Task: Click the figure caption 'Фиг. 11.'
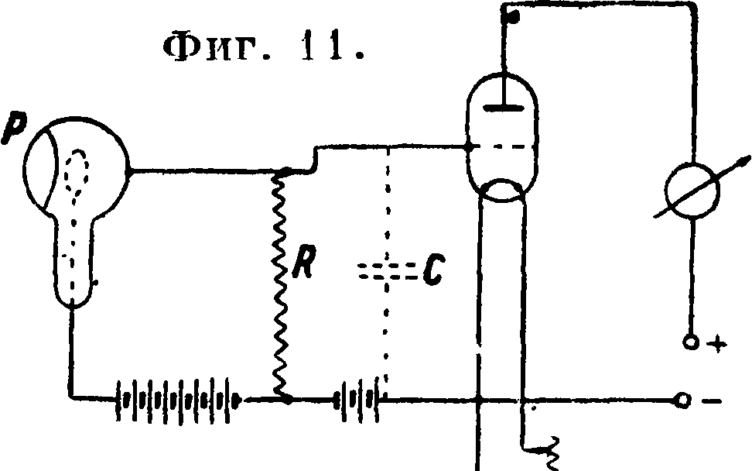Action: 265,49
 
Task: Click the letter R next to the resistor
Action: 304,262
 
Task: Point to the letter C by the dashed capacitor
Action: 434,271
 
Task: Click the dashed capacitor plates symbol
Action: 388,271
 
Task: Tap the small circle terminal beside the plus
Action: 691,343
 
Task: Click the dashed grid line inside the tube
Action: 501,146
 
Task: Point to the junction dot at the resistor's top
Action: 285,171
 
